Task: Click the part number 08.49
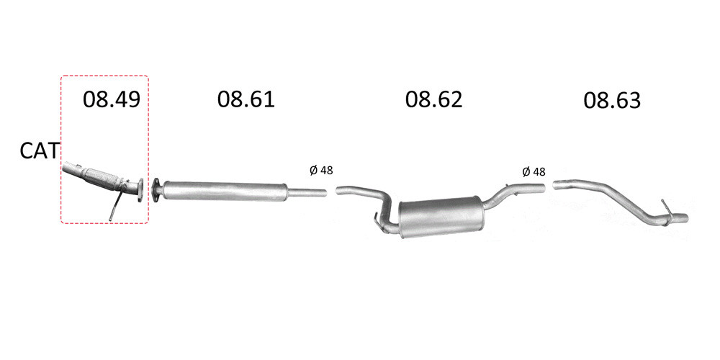(x=111, y=99)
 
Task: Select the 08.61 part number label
(x=246, y=99)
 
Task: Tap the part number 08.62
(x=433, y=99)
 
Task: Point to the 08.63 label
(x=611, y=101)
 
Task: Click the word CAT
(x=40, y=151)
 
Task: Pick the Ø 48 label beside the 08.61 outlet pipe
(x=321, y=171)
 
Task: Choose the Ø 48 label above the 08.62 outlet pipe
(x=534, y=172)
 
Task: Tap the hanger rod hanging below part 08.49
(x=114, y=206)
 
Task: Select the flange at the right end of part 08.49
(x=140, y=189)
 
